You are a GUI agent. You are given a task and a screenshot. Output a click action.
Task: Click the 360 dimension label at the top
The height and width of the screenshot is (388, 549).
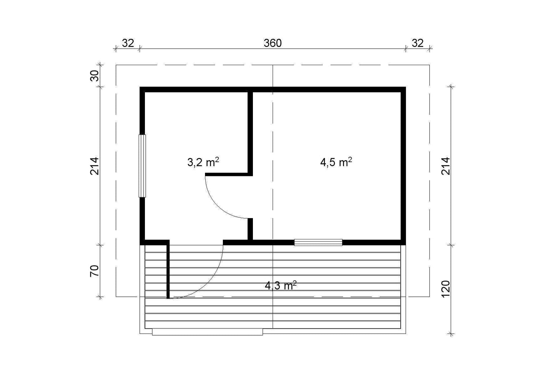273,44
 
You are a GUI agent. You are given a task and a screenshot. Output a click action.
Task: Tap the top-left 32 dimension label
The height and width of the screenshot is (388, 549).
128,44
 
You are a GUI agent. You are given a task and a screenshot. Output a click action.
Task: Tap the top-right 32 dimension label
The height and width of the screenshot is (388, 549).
417,44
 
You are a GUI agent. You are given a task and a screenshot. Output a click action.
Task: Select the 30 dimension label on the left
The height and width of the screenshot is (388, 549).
95,75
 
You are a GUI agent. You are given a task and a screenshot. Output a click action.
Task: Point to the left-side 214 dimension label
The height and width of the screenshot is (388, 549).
95,166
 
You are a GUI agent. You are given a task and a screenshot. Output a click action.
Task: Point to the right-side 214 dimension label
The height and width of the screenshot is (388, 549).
445,166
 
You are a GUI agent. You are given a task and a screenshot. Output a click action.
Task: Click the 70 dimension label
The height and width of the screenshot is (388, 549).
95,271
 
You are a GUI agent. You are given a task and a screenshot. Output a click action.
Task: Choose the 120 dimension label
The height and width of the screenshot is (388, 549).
445,289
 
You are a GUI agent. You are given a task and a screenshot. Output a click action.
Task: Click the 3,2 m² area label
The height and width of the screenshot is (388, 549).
203,162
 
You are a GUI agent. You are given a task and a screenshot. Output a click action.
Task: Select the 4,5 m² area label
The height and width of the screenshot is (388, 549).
336,162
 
